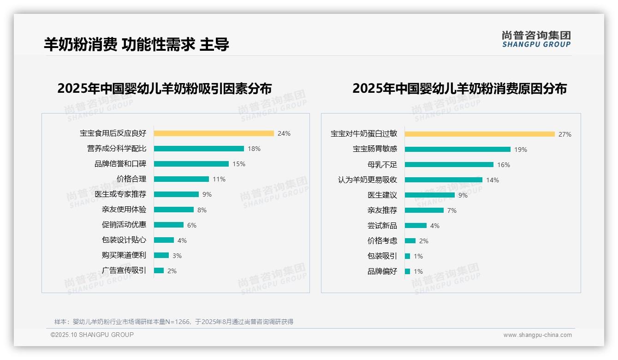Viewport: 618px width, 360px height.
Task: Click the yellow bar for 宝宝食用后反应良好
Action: [x=214, y=133]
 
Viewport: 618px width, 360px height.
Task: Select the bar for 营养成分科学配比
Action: [x=199, y=149]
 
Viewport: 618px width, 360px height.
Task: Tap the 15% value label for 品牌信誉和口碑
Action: [x=239, y=164]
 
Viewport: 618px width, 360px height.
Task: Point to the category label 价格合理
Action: [x=131, y=179]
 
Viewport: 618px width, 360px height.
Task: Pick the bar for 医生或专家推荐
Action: [x=176, y=194]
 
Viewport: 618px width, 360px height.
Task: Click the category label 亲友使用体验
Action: [x=124, y=210]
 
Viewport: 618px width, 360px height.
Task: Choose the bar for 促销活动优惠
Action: [x=169, y=225]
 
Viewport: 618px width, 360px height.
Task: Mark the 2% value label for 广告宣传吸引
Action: [x=172, y=271]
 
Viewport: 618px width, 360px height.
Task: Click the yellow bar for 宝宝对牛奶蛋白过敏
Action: [x=480, y=134]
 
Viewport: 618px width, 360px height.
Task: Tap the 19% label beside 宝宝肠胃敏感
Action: [x=521, y=150]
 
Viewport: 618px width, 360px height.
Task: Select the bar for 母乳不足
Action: [x=449, y=165]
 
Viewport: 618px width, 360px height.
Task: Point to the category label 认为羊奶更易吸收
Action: [x=368, y=180]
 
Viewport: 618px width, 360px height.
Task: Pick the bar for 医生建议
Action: [x=430, y=195]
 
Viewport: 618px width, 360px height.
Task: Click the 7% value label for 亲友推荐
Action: [x=452, y=210]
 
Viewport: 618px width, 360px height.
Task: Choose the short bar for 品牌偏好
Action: [x=407, y=271]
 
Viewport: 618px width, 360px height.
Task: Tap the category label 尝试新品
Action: [x=382, y=226]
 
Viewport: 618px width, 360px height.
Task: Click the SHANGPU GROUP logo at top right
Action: [x=536, y=39]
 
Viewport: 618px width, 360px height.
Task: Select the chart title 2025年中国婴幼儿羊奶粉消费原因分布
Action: [x=459, y=89]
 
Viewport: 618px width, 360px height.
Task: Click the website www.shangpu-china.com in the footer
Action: [x=537, y=335]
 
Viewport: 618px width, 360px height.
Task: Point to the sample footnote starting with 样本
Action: [x=174, y=322]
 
